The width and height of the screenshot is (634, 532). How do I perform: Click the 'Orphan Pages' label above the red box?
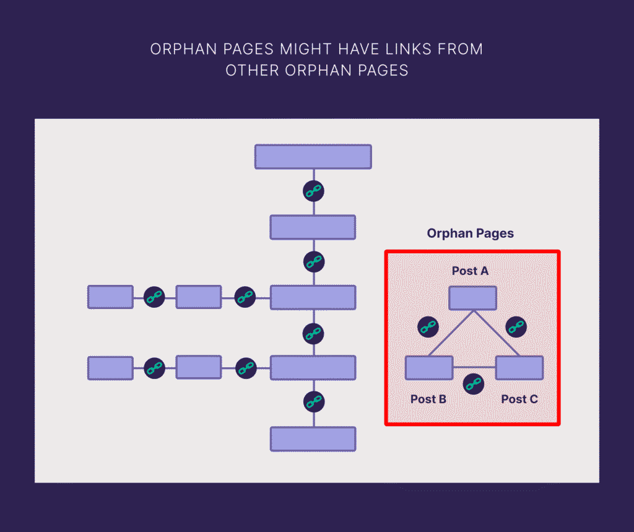(470, 233)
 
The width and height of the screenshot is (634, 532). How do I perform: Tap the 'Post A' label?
(470, 271)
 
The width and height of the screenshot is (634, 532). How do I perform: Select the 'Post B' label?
(428, 399)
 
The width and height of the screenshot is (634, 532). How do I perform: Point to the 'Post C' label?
(519, 399)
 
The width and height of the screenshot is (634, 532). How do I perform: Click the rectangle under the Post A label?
(472, 298)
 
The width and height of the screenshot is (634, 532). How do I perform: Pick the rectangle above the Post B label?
(428, 368)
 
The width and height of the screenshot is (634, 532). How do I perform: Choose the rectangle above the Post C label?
(519, 368)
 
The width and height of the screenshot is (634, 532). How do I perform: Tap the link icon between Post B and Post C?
(474, 383)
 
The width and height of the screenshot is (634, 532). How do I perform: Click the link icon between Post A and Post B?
(428, 326)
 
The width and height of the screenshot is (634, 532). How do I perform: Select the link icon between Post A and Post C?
(516, 326)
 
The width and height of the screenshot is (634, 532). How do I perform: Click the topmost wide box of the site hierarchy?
(313, 157)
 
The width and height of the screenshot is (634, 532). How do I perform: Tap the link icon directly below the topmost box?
(313, 191)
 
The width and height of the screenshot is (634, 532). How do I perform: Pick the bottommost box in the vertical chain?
(313, 438)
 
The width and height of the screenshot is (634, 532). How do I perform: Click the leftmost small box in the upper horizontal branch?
(110, 297)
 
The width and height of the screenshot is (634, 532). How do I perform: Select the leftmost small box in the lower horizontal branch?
(110, 368)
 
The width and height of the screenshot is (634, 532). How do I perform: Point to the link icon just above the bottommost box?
(313, 401)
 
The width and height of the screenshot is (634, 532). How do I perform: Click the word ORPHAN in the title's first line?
(182, 49)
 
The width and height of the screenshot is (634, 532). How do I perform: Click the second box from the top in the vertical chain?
(313, 227)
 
